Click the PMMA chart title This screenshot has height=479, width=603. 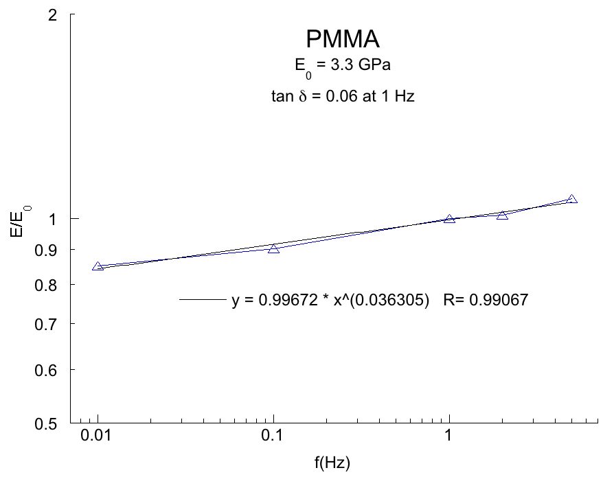[343, 39]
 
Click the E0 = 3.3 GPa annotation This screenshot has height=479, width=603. [343, 67]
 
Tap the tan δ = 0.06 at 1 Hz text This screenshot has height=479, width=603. [343, 97]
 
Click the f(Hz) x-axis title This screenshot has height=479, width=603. [333, 463]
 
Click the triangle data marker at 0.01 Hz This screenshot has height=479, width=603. [98, 266]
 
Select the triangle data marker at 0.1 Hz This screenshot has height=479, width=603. [273, 248]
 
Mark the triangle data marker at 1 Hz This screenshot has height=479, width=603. [449, 219]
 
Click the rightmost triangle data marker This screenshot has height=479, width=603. [572, 199]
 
